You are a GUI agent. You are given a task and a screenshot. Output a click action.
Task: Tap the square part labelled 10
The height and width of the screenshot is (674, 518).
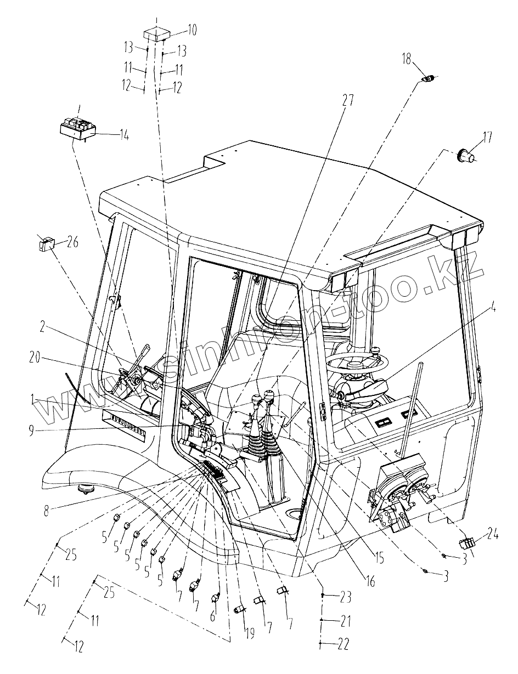[155, 34]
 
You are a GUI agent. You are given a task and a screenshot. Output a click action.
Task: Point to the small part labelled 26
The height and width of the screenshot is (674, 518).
[46, 242]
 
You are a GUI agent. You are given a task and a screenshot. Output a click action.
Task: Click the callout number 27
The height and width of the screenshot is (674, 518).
[348, 100]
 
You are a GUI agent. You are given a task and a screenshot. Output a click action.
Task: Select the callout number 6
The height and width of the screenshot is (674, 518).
[213, 616]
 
